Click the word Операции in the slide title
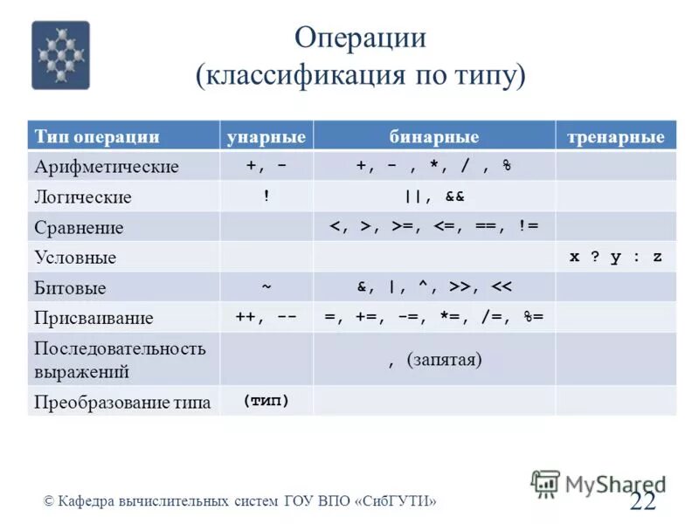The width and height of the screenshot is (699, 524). (x=360, y=38)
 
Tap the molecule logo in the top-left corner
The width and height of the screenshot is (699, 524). (x=60, y=55)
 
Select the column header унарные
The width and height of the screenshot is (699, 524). (x=266, y=137)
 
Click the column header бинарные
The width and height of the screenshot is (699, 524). (x=433, y=137)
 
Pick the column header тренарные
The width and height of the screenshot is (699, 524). (x=616, y=137)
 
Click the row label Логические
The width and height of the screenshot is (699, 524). (x=83, y=197)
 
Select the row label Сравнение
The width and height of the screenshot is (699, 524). (x=79, y=228)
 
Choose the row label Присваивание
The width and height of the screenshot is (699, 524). (x=93, y=318)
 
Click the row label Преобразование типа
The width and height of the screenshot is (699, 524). (x=121, y=403)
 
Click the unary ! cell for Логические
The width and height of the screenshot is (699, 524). (x=266, y=196)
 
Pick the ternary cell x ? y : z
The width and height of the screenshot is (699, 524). (x=616, y=257)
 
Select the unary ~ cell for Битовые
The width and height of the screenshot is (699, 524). (x=266, y=286)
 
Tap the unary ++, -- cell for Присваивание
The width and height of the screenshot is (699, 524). (x=266, y=317)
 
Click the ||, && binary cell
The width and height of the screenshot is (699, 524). (x=433, y=196)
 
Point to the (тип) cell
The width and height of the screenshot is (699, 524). (x=266, y=401)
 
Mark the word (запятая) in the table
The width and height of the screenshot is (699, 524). (x=445, y=360)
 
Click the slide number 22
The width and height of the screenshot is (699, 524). (x=642, y=500)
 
